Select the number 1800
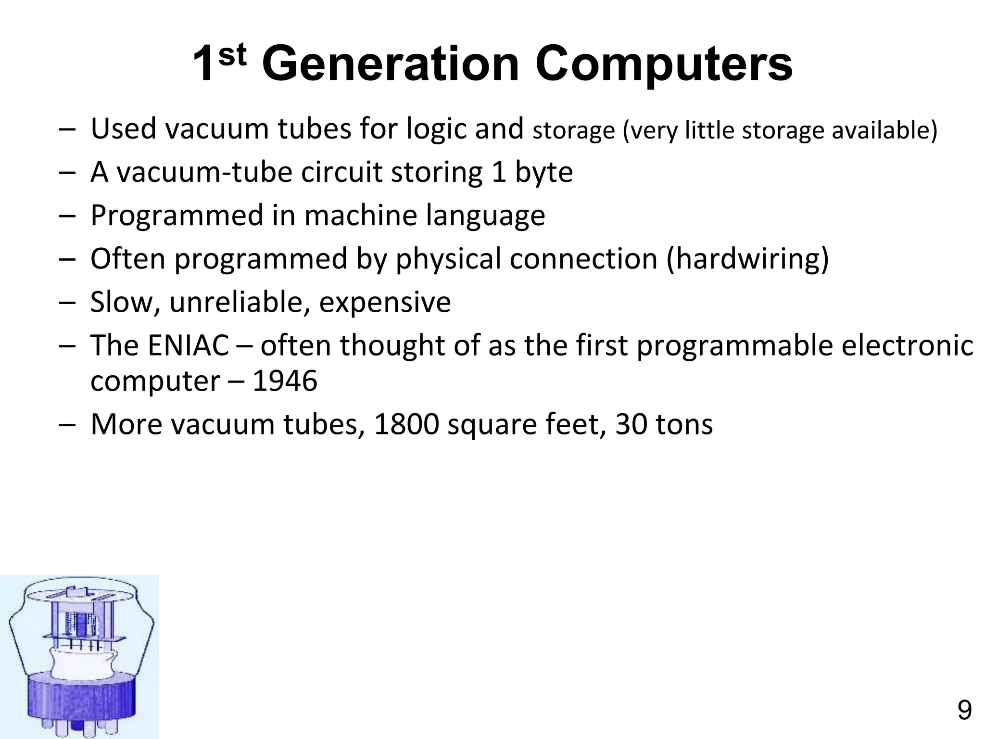pos(406,424)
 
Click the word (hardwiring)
pos(748,259)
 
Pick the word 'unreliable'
pos(240,302)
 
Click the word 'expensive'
pos(385,302)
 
